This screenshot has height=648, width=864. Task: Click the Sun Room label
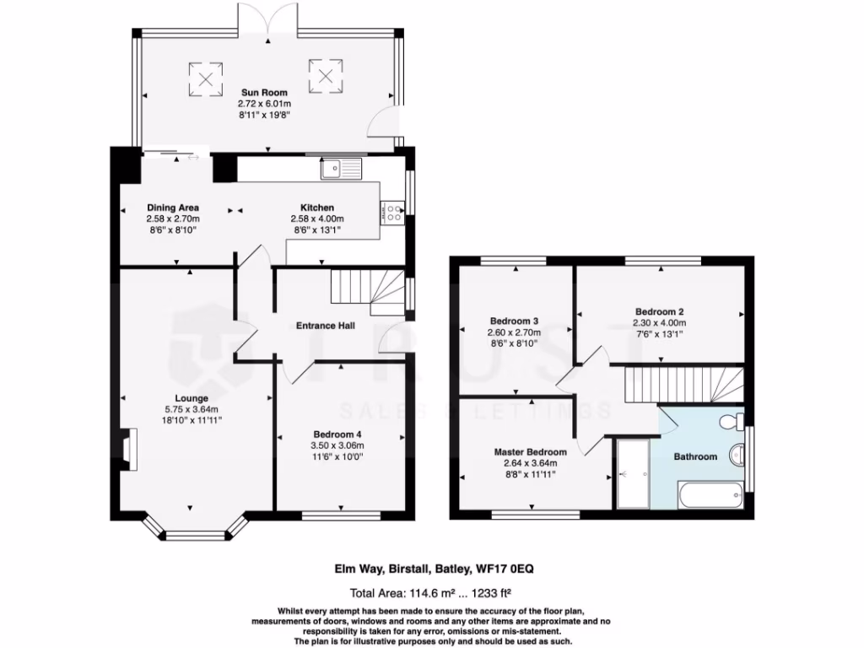click(x=264, y=93)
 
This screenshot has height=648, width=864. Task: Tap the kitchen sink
click(x=340, y=168)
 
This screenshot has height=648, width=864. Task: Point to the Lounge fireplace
click(x=127, y=448)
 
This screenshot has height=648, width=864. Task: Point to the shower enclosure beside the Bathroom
click(x=633, y=473)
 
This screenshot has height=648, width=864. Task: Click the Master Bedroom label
click(x=530, y=452)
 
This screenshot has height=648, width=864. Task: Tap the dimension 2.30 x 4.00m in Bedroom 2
click(x=660, y=322)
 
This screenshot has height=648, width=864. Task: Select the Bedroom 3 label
click(x=514, y=321)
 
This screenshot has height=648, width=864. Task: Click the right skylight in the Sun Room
click(x=327, y=73)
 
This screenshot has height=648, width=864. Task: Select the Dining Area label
click(x=172, y=208)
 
